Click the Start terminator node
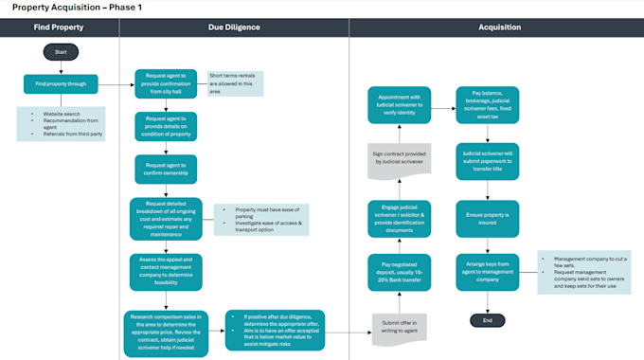click(x=61, y=52)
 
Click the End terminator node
click(x=488, y=320)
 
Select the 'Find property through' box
click(x=61, y=84)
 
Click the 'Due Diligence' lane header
click(x=234, y=27)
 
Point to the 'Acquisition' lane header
click(x=496, y=27)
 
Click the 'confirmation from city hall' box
click(x=165, y=83)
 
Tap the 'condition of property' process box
click(x=165, y=125)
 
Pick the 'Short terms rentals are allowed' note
click(x=236, y=82)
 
